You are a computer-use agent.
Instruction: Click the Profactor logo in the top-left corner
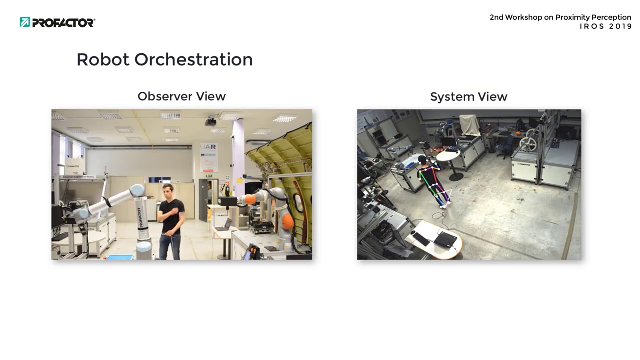pos(57,22)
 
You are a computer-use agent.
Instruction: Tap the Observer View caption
pos(181,96)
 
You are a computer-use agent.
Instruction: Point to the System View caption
pos(468,97)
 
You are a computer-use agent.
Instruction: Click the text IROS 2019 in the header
pos(606,27)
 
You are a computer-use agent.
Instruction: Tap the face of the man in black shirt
pos(168,191)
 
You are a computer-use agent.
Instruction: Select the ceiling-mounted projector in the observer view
pos(211,121)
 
